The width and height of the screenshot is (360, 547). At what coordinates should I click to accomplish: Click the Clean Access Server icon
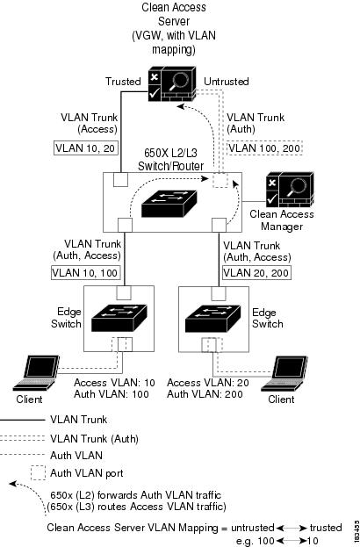pos(171,83)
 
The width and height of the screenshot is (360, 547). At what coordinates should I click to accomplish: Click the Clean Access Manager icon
pos(290,191)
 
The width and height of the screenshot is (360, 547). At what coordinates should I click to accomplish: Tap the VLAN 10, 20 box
pos(86,148)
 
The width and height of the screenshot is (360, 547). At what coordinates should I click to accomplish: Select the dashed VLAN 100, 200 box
pos(264,148)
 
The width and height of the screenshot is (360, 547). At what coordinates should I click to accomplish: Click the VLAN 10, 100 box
pos(86,272)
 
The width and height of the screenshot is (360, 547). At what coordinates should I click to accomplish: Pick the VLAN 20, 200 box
pos(256,272)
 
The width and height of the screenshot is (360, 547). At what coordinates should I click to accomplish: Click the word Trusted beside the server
pos(123,82)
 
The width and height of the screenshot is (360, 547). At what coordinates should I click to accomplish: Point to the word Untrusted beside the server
pos(227,82)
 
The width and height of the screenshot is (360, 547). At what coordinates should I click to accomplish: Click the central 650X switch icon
pos(169,204)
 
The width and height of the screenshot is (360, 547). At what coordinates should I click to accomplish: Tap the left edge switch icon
pos(119,318)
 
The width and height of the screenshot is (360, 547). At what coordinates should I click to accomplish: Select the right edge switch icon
pos(212,318)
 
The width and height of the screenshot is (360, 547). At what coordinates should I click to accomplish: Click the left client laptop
pos(36,372)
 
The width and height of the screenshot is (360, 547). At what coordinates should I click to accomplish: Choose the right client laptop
pos(284,372)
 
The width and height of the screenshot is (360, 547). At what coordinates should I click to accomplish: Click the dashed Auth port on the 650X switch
pos(220,180)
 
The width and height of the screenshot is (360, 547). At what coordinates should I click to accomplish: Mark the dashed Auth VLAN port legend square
pos(38,472)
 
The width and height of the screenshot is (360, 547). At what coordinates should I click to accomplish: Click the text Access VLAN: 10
pos(114,383)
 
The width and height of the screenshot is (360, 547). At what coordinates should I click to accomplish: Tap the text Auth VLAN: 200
pos(205,394)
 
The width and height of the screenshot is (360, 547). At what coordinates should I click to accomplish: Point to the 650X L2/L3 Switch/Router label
pos(170,159)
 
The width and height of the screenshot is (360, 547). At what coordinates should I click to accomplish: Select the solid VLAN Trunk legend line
pos(22,420)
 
